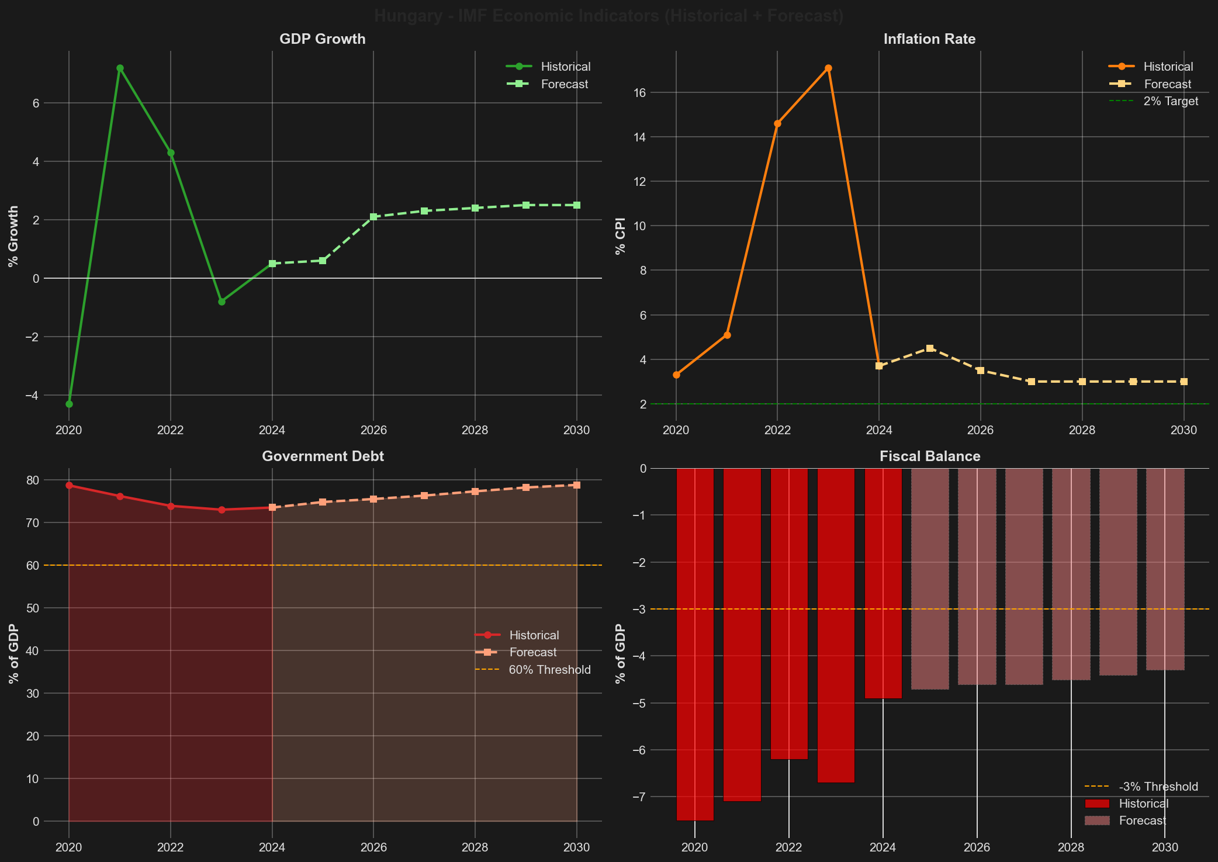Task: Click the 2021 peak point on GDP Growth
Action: point(120,68)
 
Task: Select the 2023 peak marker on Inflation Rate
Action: point(828,68)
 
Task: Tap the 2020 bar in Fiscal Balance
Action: point(695,643)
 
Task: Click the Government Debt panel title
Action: point(323,456)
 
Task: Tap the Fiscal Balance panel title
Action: point(929,456)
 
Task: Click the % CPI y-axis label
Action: point(621,236)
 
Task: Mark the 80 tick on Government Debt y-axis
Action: point(33,480)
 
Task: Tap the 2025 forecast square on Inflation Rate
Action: point(930,348)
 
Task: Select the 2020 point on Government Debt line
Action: point(69,485)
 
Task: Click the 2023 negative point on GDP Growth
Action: point(222,302)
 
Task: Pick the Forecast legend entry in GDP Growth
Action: point(564,84)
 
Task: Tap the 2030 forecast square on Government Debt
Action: point(577,485)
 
